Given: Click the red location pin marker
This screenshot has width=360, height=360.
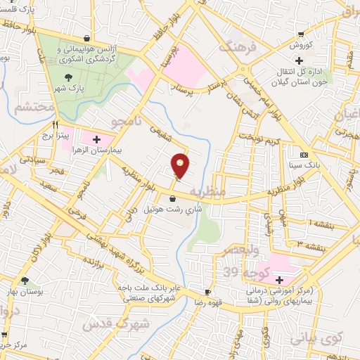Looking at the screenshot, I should [x=181, y=165].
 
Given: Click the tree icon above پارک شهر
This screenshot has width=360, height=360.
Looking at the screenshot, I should [x=68, y=77].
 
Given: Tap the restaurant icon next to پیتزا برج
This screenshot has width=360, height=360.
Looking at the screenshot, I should [x=49, y=121].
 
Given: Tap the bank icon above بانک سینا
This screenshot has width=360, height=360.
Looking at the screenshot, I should [x=304, y=154].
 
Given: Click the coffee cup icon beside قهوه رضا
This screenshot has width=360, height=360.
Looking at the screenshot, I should [x=208, y=292].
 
